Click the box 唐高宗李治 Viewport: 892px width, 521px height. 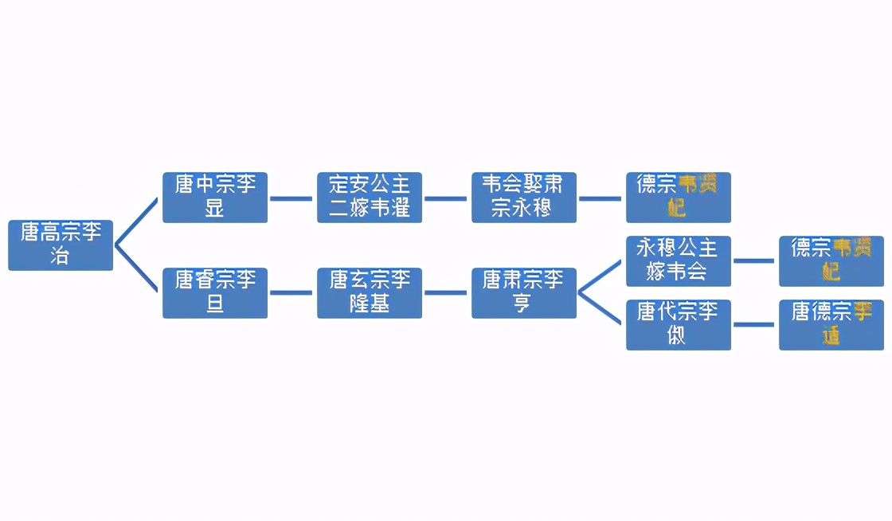click(x=61, y=245)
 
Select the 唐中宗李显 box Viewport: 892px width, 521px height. click(x=215, y=198)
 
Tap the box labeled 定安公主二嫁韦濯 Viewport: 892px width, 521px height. click(x=370, y=198)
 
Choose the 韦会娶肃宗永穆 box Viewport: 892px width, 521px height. click(x=524, y=198)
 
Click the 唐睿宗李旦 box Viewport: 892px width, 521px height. click(x=215, y=293)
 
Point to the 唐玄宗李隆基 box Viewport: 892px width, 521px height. click(x=370, y=293)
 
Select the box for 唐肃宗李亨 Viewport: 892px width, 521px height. click(x=524, y=293)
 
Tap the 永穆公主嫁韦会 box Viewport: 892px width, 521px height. click(x=679, y=260)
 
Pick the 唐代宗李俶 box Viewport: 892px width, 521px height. click(x=679, y=324)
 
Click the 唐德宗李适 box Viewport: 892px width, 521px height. click(x=831, y=324)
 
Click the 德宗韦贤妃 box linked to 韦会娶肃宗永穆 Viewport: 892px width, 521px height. click(x=679, y=198)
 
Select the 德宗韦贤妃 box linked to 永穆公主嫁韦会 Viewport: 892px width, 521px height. click(x=831, y=260)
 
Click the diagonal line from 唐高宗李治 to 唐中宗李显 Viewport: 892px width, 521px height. click(x=137, y=221)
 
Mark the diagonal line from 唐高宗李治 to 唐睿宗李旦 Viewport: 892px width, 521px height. click(x=137, y=269)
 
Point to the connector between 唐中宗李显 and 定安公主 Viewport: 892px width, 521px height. click(x=291, y=198)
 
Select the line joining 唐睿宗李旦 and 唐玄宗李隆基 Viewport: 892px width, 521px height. click(x=291, y=292)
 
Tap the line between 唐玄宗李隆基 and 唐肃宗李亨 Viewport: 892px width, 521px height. click(x=446, y=292)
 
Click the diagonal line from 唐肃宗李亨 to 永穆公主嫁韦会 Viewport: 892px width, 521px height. click(x=601, y=276)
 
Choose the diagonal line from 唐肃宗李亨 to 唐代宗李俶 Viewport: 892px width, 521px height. click(x=601, y=309)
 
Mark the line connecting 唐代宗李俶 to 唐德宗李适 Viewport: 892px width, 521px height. click(x=754, y=324)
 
